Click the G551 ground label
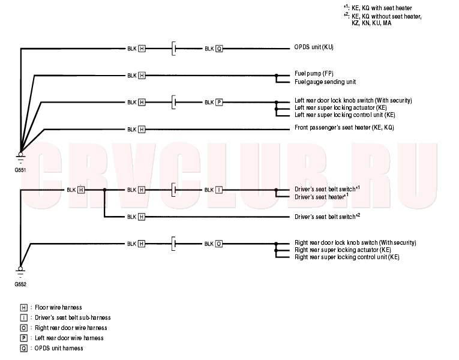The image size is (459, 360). tap(20, 170)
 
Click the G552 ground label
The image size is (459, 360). tap(20, 284)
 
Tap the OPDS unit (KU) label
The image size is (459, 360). tap(314, 47)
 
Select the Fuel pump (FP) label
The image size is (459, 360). tap(314, 73)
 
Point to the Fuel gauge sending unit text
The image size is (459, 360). tap(325, 82)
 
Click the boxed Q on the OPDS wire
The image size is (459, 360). tap(219, 49)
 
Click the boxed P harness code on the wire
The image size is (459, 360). tap(219, 102)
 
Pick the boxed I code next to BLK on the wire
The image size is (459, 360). tap(218, 190)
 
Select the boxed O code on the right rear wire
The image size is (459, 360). tap(218, 244)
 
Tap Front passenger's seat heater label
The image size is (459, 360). tap(344, 128)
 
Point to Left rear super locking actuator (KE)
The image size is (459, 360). tap(341, 108)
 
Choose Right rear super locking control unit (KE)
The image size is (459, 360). tap(347, 257)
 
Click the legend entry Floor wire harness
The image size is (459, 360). tap(58, 308)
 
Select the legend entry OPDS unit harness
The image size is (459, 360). tap(59, 348)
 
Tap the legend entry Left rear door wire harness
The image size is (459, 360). tap(69, 338)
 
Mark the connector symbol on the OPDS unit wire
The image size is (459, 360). tap(174, 49)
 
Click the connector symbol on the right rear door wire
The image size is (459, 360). tap(174, 244)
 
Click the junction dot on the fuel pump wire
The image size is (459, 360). tap(276, 76)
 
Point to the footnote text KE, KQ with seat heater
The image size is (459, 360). tap(382, 8)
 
